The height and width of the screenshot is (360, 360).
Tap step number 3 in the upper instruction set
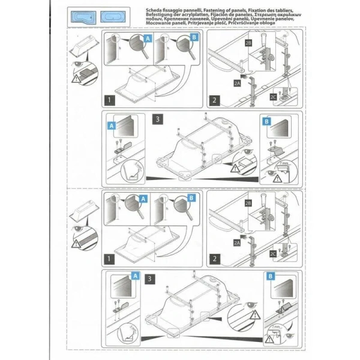click(x=157, y=119)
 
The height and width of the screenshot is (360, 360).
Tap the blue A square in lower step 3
click(x=136, y=276)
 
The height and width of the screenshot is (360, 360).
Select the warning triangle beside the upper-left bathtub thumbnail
click(x=77, y=77)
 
